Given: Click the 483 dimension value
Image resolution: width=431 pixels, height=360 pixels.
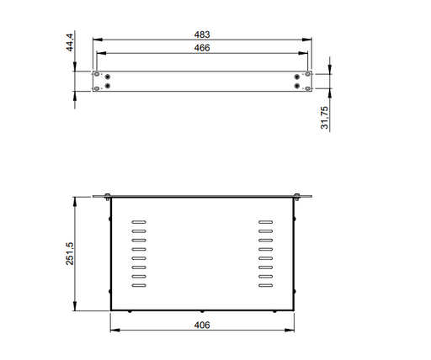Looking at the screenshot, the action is [x=202, y=34].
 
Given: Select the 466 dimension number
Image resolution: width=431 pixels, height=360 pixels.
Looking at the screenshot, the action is [x=202, y=48].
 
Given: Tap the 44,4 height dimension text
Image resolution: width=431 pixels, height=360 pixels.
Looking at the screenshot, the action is [x=70, y=42].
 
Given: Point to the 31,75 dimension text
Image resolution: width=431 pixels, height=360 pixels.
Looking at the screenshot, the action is [x=324, y=118].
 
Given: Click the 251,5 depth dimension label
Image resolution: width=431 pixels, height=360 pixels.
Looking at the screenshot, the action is [x=70, y=254].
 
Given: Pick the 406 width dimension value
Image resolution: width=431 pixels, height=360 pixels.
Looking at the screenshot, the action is [x=202, y=326].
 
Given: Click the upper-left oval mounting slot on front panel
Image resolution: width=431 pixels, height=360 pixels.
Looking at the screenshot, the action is [x=97, y=74].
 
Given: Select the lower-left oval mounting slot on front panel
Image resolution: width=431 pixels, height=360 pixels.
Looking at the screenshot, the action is [x=97, y=88].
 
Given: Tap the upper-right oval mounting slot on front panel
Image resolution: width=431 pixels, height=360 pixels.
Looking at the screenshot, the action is [x=308, y=74].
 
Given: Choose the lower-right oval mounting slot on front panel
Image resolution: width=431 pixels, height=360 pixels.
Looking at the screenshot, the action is [x=308, y=88].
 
